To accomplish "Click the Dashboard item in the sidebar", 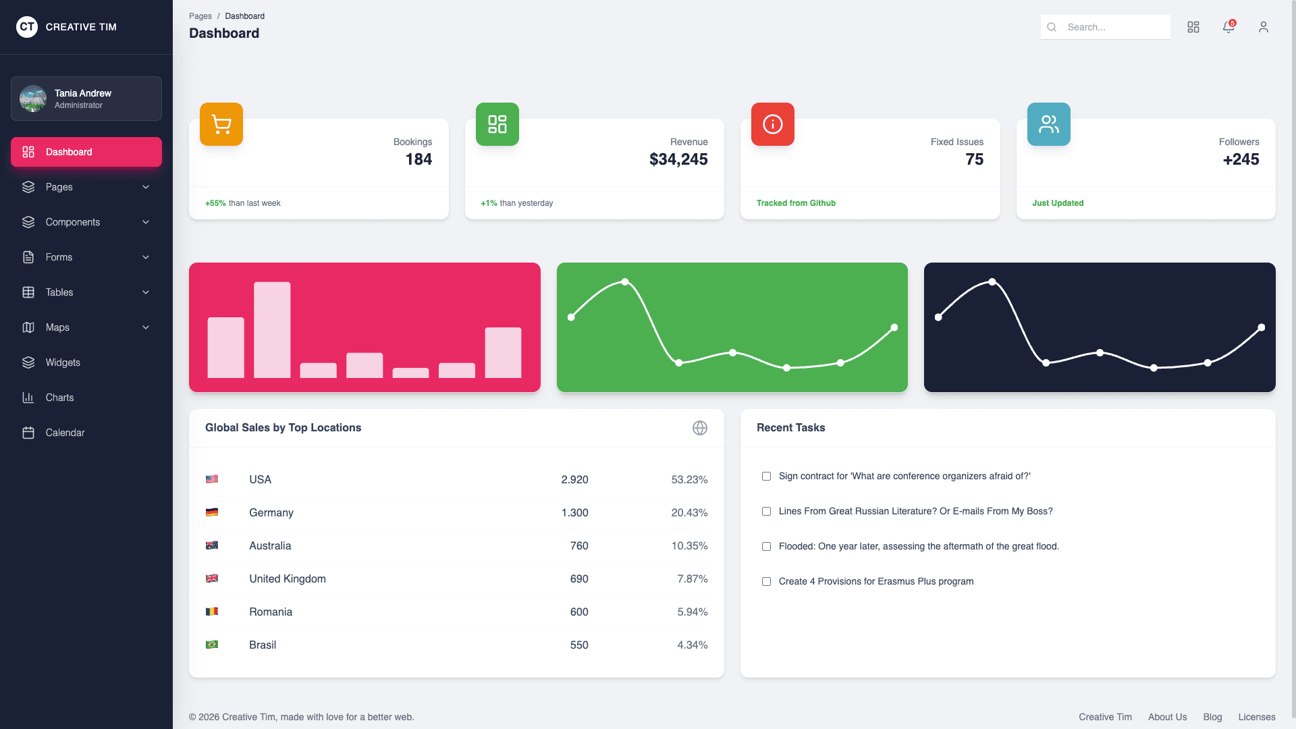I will (86, 152).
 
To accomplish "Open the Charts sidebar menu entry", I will (59, 398).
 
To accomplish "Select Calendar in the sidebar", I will (65, 433).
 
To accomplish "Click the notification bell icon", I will (1228, 27).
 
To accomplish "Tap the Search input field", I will (1114, 27).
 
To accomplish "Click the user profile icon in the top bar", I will (1264, 27).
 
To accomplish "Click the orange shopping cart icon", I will (221, 124).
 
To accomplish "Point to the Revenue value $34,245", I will (678, 159).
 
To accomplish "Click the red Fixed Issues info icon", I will (773, 124).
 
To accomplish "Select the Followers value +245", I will (1241, 159).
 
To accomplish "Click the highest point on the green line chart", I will (625, 281).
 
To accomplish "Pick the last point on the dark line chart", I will (1262, 327).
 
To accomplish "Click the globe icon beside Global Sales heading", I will (700, 428).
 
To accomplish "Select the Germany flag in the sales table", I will (212, 512).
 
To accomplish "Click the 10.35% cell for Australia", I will (689, 545).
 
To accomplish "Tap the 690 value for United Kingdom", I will (579, 578).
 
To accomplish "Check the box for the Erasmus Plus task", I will (766, 581).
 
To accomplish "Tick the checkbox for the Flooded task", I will (766, 546).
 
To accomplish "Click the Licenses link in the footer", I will (1256, 717).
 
